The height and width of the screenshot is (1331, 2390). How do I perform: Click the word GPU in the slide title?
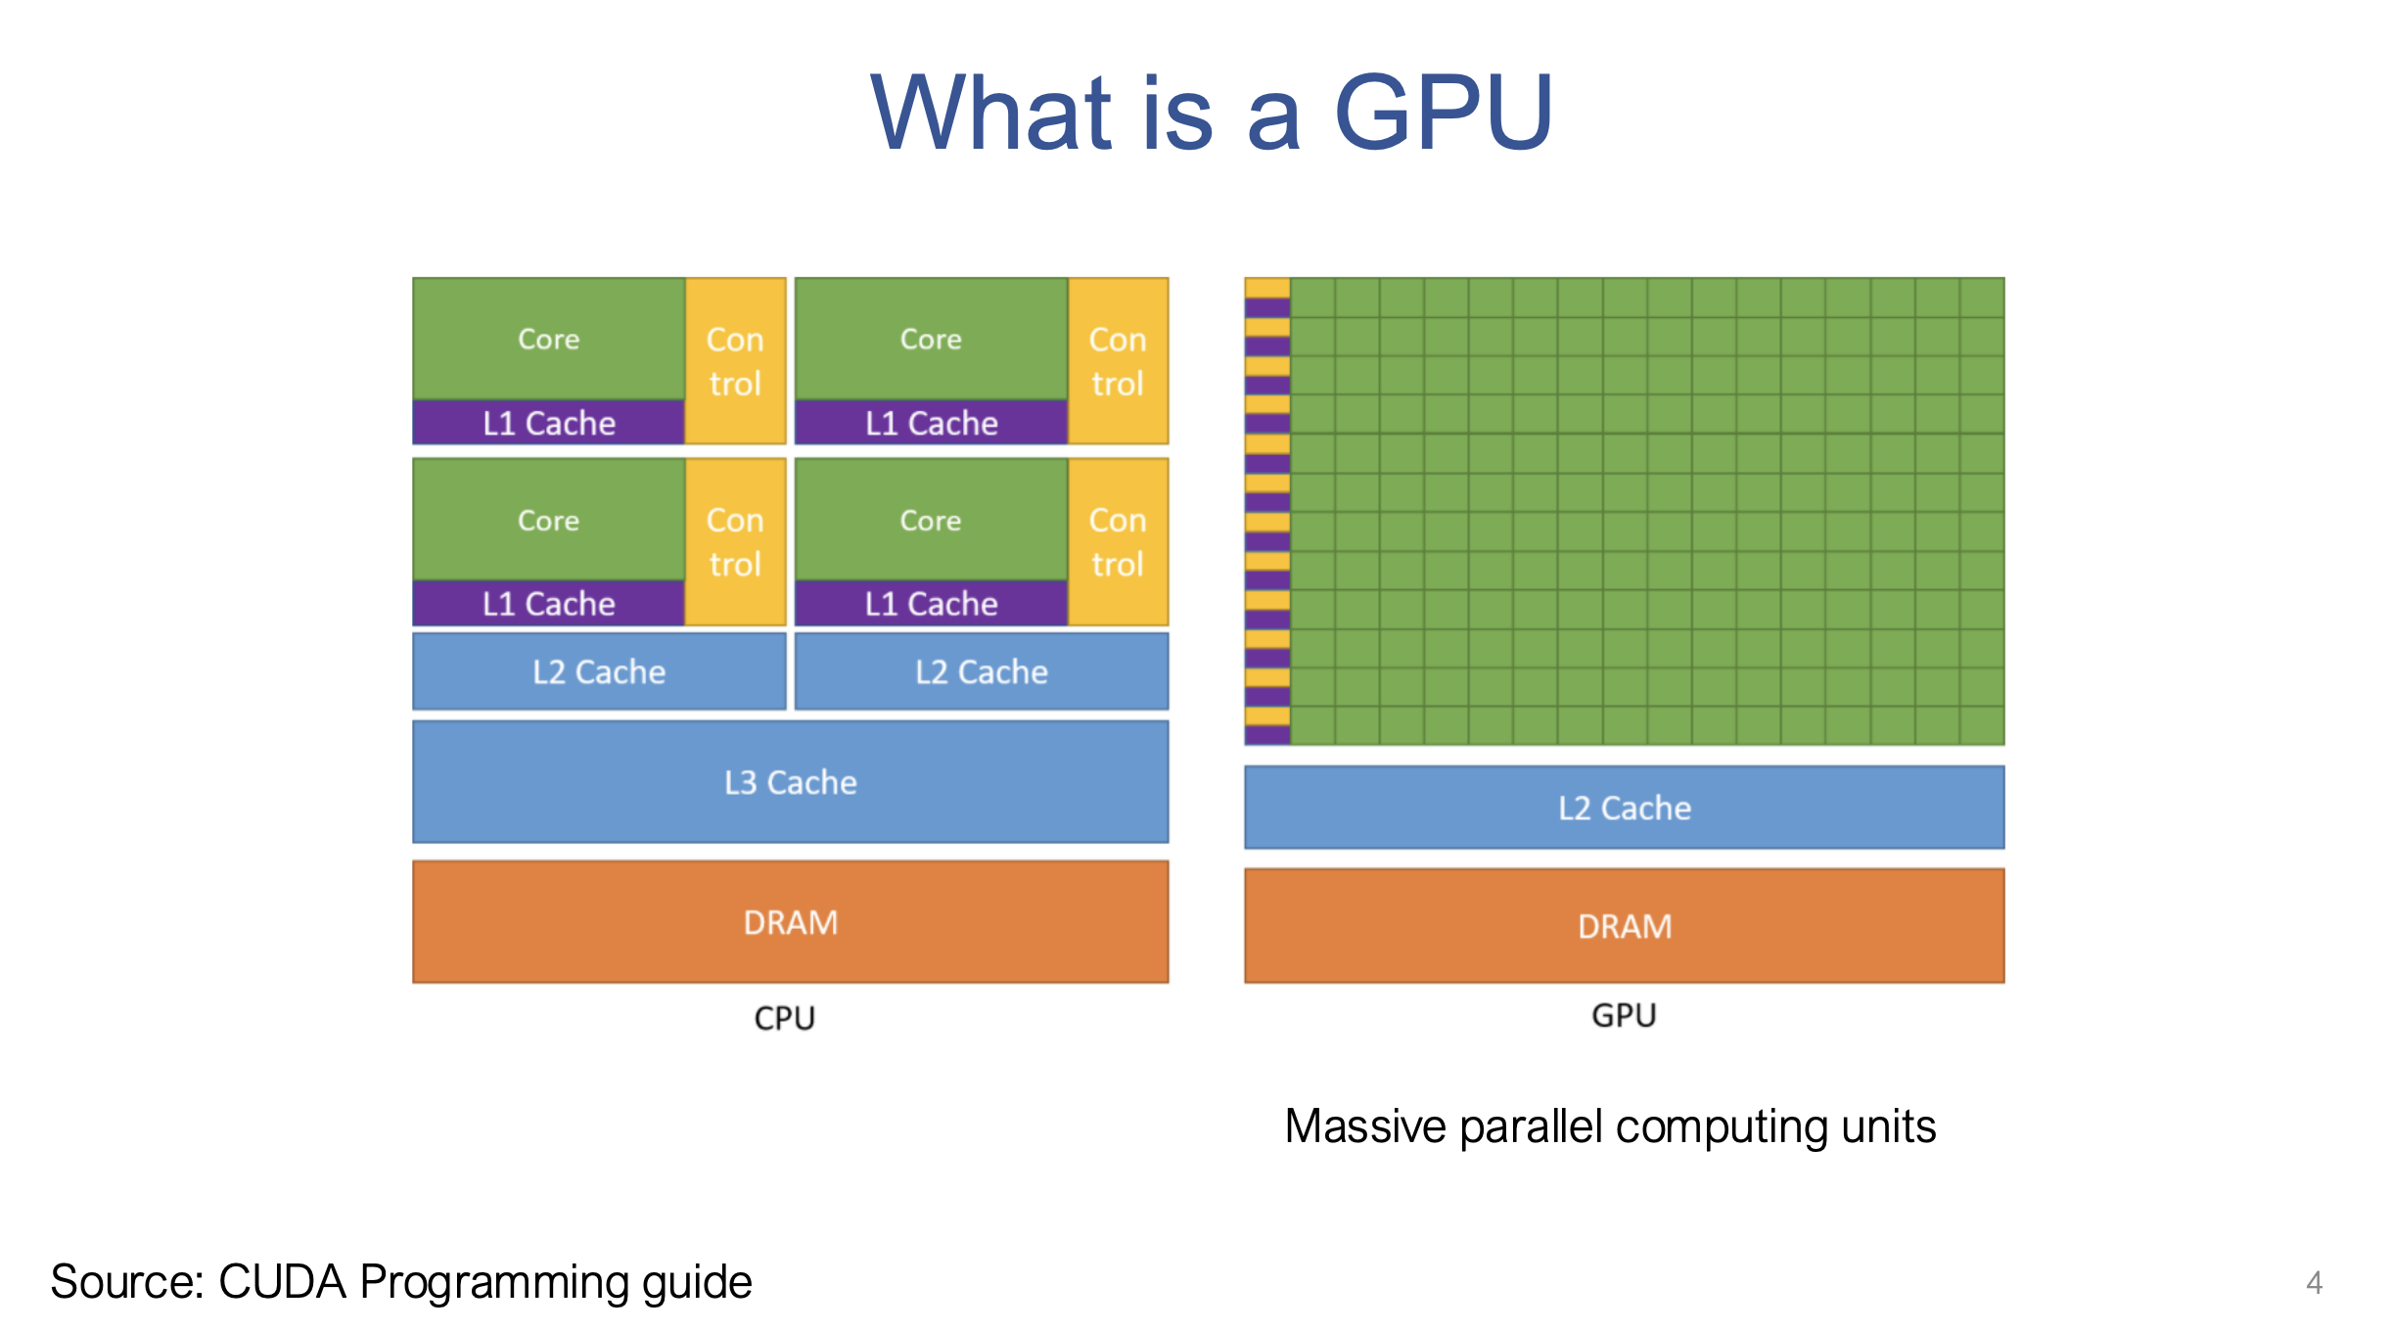point(1444,114)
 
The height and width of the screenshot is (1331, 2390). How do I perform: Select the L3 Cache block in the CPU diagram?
point(790,782)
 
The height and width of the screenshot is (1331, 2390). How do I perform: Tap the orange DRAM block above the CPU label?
point(790,922)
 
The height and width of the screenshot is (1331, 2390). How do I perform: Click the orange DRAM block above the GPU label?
point(1624,926)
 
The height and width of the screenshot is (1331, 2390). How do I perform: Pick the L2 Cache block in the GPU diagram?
point(1624,807)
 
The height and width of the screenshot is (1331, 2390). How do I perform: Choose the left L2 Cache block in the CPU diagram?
point(599,671)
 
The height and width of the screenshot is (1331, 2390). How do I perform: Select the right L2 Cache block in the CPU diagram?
point(982,671)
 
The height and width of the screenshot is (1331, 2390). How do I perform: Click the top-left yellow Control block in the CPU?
point(735,360)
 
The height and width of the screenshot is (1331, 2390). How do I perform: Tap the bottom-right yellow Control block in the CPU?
point(1118,541)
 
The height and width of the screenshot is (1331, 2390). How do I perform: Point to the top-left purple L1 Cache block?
point(548,423)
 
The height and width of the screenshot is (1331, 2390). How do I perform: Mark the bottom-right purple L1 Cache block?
point(931,603)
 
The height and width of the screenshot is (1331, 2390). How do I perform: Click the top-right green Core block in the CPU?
point(931,339)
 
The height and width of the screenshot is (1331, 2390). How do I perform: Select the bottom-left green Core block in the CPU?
point(548,520)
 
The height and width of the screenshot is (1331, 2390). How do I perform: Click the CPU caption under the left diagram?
point(784,1018)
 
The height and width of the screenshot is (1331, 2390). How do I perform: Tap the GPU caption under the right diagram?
point(1624,1015)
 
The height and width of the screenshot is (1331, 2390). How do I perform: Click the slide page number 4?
point(2314,1282)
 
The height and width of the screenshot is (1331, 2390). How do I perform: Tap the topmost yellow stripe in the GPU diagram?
point(1266,288)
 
